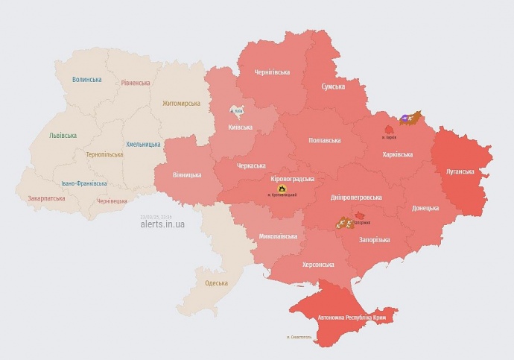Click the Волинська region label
(x=87, y=79)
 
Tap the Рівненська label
(x=136, y=83)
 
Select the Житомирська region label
(x=181, y=103)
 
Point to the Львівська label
(x=63, y=136)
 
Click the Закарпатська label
(x=46, y=198)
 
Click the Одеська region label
(x=217, y=282)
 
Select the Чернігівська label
(x=272, y=72)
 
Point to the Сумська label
(x=333, y=86)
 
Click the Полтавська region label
(x=325, y=140)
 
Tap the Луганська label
(x=460, y=171)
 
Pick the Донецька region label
(x=425, y=208)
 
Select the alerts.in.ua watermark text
(x=162, y=224)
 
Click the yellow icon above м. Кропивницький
(x=282, y=189)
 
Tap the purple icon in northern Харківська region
(x=405, y=118)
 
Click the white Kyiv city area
(x=238, y=110)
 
